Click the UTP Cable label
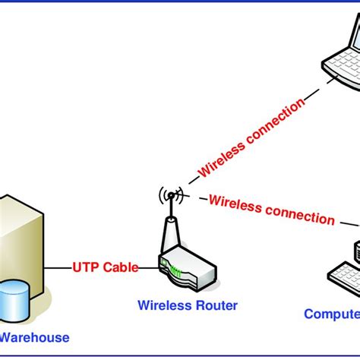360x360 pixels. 105,267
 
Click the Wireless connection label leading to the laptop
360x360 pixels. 251,137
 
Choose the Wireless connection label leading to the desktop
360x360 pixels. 271,210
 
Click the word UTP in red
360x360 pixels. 85,267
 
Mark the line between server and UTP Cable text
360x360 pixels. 58,267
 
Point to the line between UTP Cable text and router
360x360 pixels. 148,267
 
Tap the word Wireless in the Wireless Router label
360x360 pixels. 163,306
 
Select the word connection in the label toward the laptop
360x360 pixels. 273,121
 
